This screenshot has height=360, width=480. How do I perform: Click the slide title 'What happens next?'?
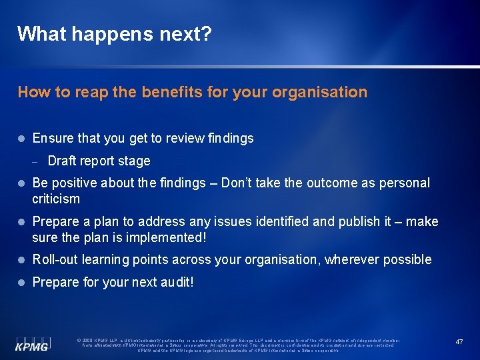click(114, 34)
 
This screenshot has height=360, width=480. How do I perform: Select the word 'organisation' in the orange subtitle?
click(323, 92)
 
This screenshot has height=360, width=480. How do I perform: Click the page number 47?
click(459, 341)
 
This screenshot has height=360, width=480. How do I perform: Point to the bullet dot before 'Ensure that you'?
click(21, 139)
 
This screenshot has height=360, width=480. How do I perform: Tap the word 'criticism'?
click(56, 199)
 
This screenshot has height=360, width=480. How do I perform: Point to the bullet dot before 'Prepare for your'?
click(21, 282)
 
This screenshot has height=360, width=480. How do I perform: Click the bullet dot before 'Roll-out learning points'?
click(21, 260)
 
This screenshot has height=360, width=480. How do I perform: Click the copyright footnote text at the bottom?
click(238, 345)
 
